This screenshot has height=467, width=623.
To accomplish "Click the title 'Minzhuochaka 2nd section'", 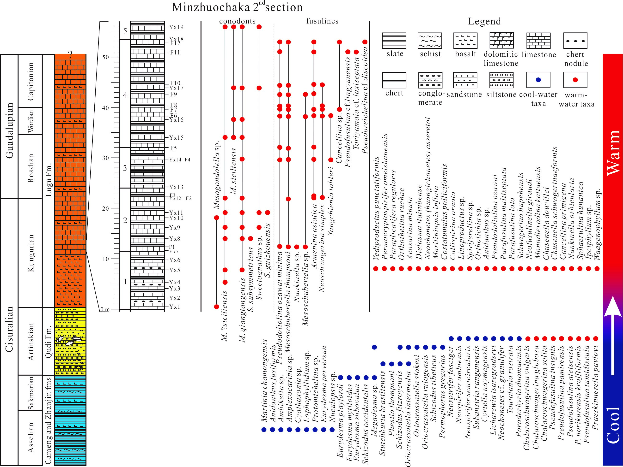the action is (237, 7).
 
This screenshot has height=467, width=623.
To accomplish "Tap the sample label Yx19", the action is (176, 27).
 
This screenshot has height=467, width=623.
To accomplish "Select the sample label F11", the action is (175, 52).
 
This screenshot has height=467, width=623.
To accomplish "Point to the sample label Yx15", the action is (176, 138).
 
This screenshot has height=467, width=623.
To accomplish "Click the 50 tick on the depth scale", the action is (105, 57).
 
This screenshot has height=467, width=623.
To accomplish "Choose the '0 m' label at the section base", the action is (105, 309).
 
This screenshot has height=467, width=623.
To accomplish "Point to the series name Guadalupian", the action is (10, 130).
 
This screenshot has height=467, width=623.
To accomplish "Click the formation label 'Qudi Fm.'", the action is (49, 342).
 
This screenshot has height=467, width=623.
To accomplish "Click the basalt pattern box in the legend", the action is (465, 41).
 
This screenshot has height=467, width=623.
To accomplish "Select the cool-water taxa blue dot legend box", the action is (538, 80).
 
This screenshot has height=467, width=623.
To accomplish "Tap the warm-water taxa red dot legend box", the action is (575, 80).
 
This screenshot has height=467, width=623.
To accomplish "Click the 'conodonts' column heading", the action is (237, 21).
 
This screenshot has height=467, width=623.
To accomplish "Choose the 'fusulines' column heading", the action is (322, 21).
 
